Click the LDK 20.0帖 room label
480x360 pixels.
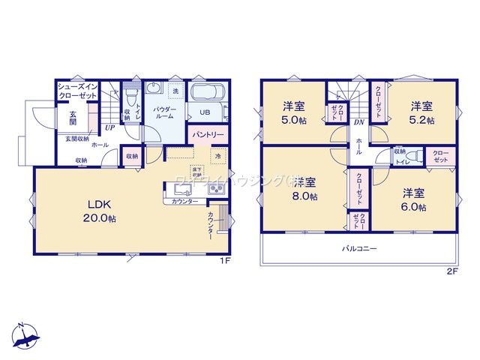click(100, 211)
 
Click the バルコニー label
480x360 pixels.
click(360, 248)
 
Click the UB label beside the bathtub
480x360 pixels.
click(204, 114)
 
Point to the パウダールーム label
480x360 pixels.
click(166, 114)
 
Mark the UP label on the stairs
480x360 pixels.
click(109, 127)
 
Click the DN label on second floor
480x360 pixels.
click(358, 122)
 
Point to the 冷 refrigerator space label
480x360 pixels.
click(217, 157)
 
